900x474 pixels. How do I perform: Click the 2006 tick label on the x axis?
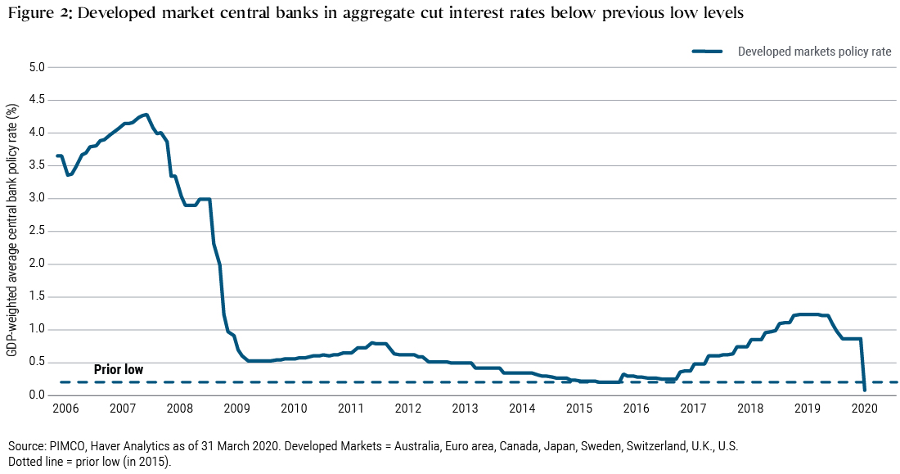[65, 409]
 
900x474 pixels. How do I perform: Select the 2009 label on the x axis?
[236, 409]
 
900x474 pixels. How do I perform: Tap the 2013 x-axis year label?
[465, 409]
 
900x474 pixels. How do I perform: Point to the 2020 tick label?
[864, 409]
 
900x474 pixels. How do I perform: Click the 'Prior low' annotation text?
[119, 370]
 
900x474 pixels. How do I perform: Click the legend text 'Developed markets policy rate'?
[814, 52]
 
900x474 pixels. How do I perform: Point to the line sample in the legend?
[708, 52]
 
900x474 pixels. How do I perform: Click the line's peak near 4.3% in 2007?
[146, 115]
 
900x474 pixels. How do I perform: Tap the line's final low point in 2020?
[865, 390]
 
